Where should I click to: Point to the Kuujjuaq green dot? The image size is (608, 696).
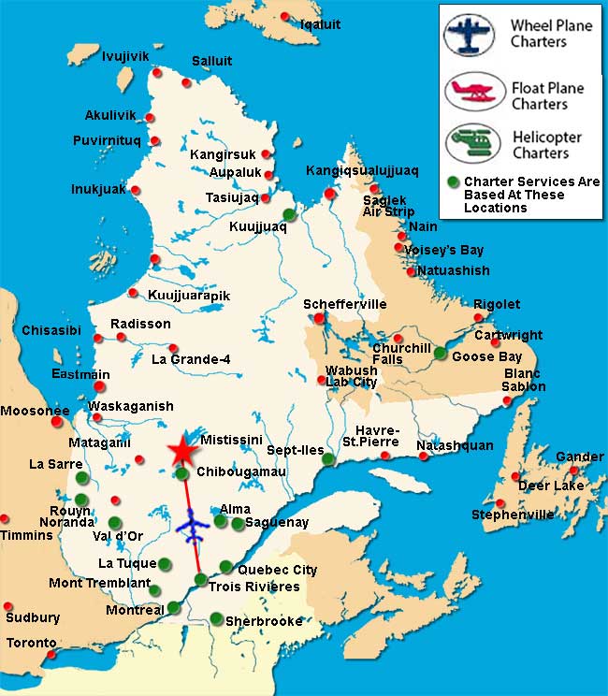tap(289, 214)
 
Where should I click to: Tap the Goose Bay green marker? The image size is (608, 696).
tap(441, 353)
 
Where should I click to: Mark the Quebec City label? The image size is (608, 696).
tap(278, 570)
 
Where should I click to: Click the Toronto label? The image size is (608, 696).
tap(31, 643)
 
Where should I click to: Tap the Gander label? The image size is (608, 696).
tap(580, 457)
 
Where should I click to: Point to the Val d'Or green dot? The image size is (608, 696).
tap(114, 523)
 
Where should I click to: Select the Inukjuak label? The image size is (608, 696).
tap(97, 189)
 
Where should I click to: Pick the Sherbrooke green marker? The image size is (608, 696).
tap(216, 617)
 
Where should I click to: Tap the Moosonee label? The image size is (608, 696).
tap(35, 411)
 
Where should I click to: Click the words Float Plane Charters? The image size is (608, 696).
tap(547, 96)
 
